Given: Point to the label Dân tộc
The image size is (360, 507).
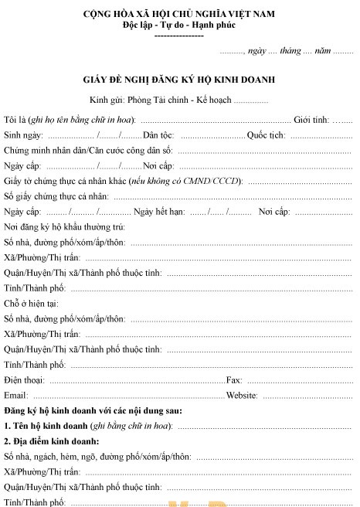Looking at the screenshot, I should click(160, 134).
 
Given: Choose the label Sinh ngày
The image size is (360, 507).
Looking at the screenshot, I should click(23, 134).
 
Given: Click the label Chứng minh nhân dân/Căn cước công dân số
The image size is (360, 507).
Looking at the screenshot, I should click(88, 150).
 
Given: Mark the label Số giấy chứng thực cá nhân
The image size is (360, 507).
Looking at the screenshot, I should click(55, 196).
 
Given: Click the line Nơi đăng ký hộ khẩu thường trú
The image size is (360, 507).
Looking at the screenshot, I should click(64, 226).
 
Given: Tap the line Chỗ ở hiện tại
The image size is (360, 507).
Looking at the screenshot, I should click(31, 303).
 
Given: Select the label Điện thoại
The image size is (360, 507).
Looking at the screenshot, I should click(23, 379).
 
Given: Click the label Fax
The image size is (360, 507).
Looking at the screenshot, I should click(234, 379).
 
